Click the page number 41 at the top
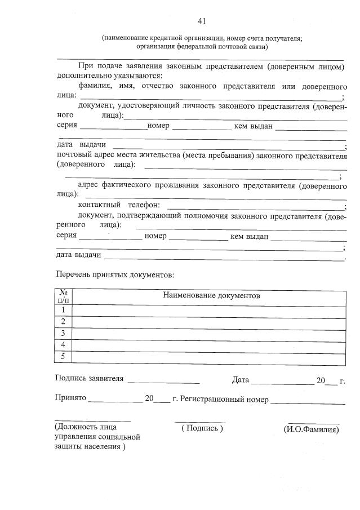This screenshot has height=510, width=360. pos(202,21)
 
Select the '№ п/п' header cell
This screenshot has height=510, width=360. pos(64,296)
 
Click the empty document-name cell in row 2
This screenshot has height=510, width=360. pos(210,321)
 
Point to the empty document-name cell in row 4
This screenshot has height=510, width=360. pos(210,344)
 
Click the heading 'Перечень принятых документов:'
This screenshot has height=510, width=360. pos(115,275)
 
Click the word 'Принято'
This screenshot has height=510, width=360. pos(70,398)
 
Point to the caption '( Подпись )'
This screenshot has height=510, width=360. pos(202,429)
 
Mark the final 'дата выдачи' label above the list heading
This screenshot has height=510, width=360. pos(79,255)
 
